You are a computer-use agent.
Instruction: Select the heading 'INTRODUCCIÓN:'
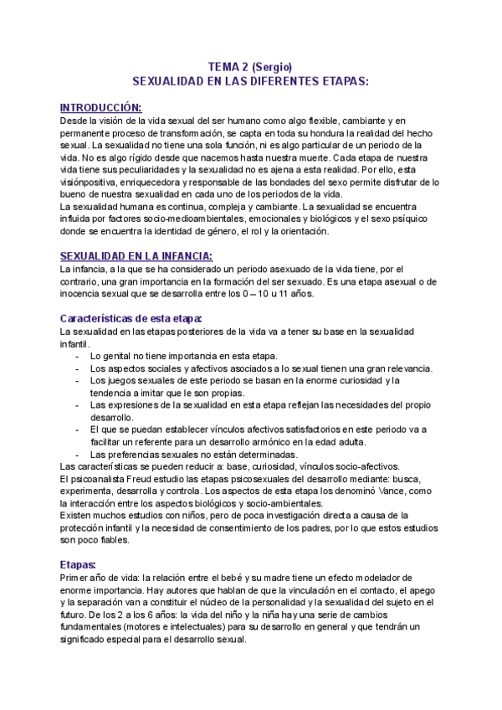pos(101,107)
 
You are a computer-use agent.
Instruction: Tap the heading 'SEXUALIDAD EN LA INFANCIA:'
pos(136,255)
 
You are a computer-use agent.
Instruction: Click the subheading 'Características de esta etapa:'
pos(131,318)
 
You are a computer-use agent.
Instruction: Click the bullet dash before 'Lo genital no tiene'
pos(77,356)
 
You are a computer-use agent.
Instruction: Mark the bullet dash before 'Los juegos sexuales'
pos(77,380)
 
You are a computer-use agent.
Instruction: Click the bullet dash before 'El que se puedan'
pos(77,430)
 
